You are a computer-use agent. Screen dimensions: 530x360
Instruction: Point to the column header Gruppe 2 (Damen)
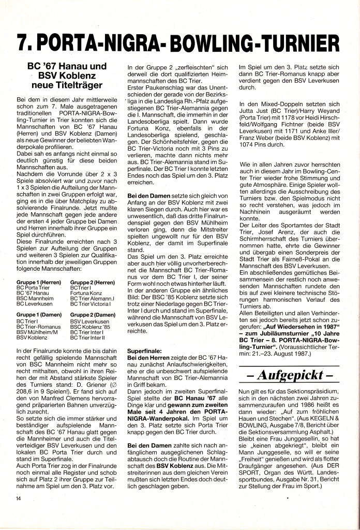click(x=93, y=315)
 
